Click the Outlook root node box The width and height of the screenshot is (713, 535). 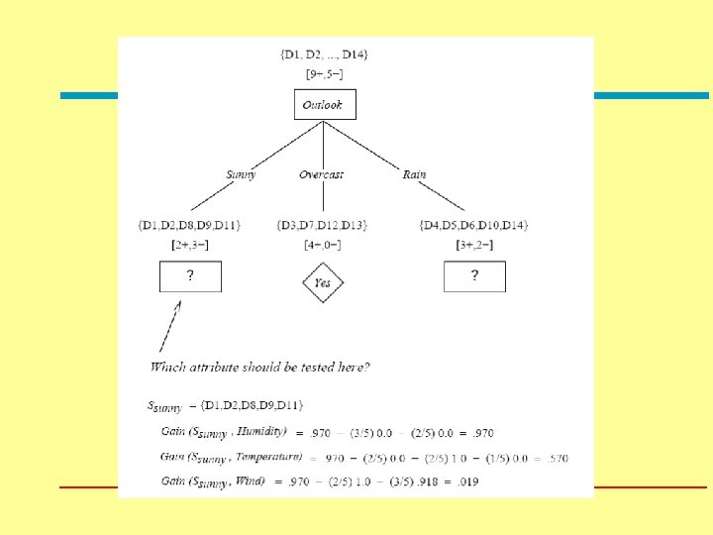click(324, 104)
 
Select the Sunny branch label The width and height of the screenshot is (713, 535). click(241, 174)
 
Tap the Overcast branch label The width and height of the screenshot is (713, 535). click(322, 174)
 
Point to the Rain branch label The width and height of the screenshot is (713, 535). click(414, 174)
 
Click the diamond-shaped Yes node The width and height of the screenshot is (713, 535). click(323, 282)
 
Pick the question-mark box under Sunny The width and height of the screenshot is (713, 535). click(190, 276)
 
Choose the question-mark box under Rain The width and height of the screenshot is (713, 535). click(473, 276)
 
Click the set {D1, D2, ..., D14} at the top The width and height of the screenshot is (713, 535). click(324, 53)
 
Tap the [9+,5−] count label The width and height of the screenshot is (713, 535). click(324, 73)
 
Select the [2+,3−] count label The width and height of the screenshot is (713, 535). click(190, 244)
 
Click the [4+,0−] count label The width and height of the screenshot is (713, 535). click(322, 244)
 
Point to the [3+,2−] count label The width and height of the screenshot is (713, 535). click(473, 244)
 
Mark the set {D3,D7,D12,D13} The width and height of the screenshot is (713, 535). click(322, 226)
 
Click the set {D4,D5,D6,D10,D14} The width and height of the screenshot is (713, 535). click(473, 226)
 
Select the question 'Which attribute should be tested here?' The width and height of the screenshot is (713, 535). click(260, 368)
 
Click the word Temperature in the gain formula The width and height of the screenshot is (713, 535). click(267, 457)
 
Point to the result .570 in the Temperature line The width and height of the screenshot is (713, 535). click(557, 458)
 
